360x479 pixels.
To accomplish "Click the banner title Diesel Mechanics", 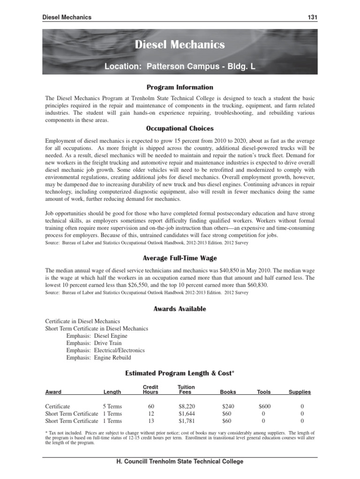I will tap(180, 45).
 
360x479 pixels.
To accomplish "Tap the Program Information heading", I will tap(180, 87).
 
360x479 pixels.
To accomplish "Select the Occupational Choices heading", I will tap(180, 128).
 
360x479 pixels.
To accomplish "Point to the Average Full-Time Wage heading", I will tap(180, 258).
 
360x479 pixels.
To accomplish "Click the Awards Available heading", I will tap(180, 309).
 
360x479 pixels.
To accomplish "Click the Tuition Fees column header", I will tap(187, 390).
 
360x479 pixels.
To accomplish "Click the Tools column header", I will tap(264, 392).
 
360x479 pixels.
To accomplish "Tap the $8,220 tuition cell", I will tap(187, 406).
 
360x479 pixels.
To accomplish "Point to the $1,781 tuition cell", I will tap(187, 421).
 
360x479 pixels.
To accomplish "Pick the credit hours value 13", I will tap(150, 421).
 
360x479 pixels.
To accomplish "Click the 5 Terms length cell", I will tap(112, 406).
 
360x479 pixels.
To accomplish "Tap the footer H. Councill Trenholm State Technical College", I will tap(180, 462).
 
